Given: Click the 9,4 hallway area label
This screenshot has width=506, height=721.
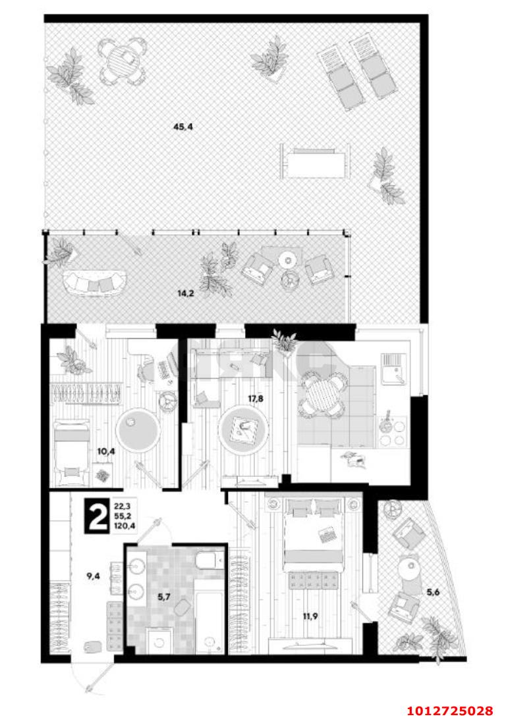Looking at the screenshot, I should (x=94, y=576).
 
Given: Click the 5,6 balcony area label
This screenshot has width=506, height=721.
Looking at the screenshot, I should (x=433, y=592).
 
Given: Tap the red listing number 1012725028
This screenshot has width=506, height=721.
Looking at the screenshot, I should (x=450, y=710).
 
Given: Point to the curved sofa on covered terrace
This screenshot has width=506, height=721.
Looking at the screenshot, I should (x=96, y=283).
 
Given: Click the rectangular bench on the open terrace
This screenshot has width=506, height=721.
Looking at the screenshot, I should (x=313, y=160).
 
